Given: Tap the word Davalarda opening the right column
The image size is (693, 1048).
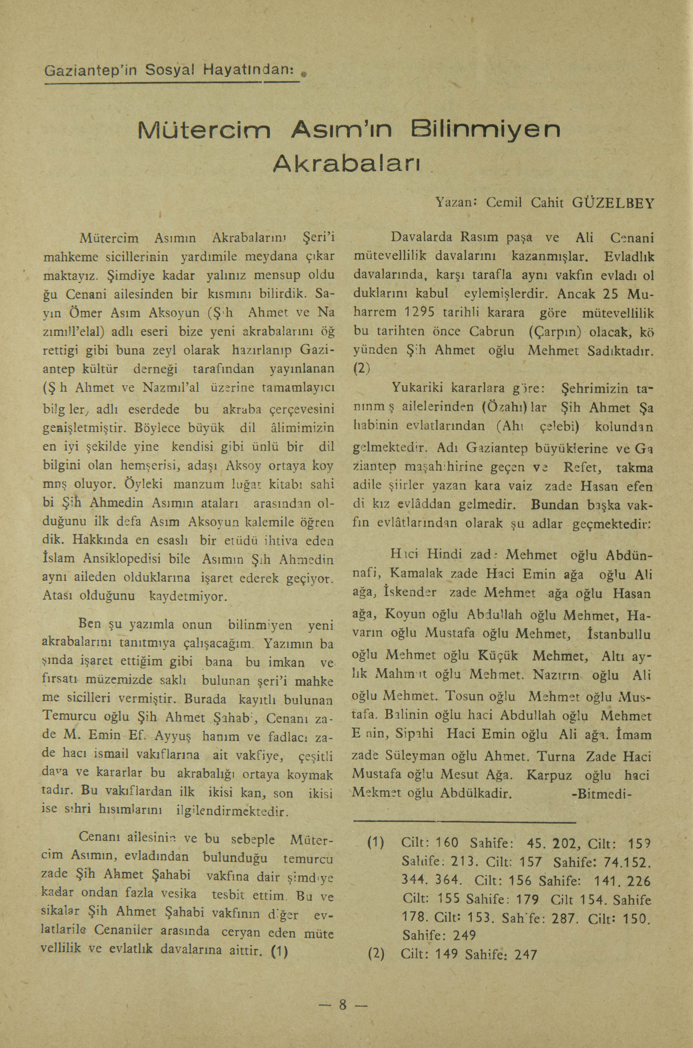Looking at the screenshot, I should click(422, 237).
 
